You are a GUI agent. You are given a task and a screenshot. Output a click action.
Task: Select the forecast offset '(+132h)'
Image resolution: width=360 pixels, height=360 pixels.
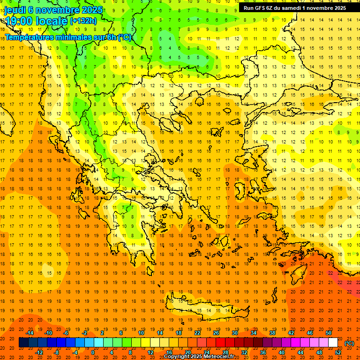click(x=83, y=21)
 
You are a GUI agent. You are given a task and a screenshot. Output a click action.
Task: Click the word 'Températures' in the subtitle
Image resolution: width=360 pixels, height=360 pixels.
click(x=29, y=37)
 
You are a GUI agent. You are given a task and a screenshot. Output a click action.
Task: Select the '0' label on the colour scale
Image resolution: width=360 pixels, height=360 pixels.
click(x=92, y=352)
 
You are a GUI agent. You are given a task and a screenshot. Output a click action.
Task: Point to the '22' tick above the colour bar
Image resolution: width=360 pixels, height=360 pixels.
click(x=197, y=332)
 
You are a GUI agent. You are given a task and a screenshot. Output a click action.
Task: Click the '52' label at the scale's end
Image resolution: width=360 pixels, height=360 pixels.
click(x=338, y=352)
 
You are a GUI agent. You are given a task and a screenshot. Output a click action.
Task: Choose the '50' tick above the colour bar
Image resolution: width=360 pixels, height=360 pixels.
click(x=329, y=332)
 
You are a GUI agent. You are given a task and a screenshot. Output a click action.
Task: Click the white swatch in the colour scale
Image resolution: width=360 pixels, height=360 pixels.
click(x=333, y=343)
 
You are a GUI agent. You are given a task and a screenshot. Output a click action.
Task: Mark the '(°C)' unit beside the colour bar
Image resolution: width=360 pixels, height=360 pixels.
click(x=349, y=343)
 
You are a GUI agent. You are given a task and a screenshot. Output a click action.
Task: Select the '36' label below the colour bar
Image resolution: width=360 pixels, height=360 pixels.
click(x=263, y=352)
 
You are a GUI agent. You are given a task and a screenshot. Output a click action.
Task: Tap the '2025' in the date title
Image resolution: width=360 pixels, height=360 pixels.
click(x=84, y=10)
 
